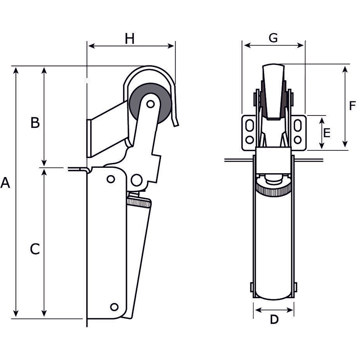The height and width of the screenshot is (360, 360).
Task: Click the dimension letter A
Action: tap(5, 183)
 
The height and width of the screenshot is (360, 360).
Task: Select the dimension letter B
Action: tap(35, 123)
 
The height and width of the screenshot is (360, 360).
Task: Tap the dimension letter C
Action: tap(35, 249)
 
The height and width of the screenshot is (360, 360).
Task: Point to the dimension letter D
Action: tap(274, 319)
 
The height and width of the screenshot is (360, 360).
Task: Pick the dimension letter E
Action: tap(327, 133)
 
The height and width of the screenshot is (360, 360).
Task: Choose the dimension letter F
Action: tap(352, 106)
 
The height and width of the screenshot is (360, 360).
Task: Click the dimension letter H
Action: tap(130, 39)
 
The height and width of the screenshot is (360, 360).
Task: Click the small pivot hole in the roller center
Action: tap(150, 104)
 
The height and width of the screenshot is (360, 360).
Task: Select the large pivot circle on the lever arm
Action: tap(137, 179)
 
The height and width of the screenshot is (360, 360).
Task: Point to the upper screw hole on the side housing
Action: tap(110, 179)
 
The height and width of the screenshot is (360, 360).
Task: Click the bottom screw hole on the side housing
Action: tap(114, 307)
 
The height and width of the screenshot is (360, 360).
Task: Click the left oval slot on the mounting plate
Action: tap(250, 126)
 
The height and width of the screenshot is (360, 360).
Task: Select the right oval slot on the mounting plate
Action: tap(298, 126)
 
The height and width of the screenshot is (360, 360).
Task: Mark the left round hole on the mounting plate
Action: tap(250, 139)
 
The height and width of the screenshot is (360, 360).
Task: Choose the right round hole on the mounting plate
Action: tap(298, 139)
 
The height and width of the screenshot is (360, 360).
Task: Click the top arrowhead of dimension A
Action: tap(16, 70)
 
